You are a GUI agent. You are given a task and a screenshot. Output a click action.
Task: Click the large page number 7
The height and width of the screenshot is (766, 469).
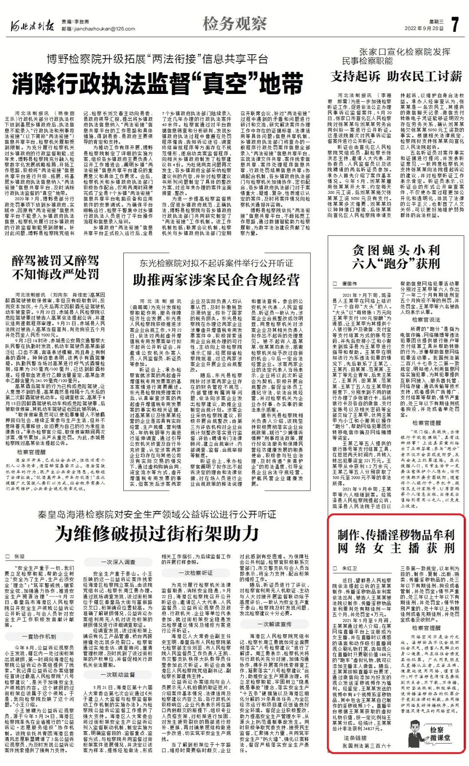pos(455,24)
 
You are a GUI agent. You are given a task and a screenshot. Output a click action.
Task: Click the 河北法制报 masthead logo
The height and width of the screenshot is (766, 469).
pos(33,26)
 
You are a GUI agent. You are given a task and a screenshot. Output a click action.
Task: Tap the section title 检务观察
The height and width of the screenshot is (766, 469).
pos(234,24)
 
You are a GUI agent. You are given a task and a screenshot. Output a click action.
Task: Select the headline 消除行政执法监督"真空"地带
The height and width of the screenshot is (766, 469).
pos(157,83)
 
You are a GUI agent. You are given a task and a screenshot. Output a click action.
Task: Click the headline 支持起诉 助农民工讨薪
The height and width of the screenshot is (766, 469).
pos(396,77)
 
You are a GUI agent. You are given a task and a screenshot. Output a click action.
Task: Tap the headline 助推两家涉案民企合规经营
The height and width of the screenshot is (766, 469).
pos(216,280)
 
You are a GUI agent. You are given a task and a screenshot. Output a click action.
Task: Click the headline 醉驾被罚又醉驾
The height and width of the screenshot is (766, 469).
pos(55,261)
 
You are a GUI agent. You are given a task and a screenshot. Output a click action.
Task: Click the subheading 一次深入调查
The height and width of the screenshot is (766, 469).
pos(118,562)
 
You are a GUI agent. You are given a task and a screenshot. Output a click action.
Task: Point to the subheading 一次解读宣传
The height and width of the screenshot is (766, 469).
pos(274,624)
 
